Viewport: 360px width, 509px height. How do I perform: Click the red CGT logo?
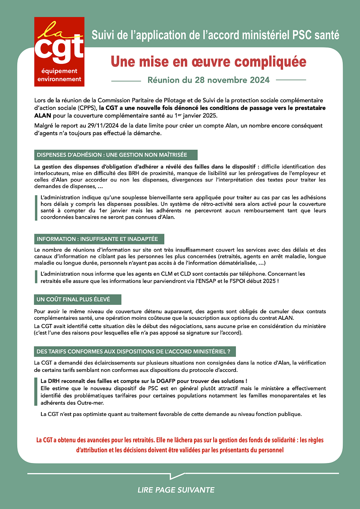[59, 45]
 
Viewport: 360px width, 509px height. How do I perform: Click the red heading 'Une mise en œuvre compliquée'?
[208, 62]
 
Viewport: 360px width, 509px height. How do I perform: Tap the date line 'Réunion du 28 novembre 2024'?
[208, 80]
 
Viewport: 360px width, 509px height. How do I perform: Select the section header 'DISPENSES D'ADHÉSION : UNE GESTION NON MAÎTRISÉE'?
[116, 155]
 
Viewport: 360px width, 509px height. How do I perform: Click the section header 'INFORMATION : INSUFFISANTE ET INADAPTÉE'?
[99, 239]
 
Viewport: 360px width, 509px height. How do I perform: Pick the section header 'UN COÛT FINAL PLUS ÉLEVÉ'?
[77, 300]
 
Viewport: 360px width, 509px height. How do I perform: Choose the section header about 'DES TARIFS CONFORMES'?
[135, 352]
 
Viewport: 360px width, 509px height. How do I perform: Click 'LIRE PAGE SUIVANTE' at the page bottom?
[176, 490]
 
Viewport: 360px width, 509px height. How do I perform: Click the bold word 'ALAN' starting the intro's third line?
[43, 116]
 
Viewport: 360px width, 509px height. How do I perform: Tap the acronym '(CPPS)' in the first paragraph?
[87, 108]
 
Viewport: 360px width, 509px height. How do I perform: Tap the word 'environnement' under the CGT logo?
[59, 79]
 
